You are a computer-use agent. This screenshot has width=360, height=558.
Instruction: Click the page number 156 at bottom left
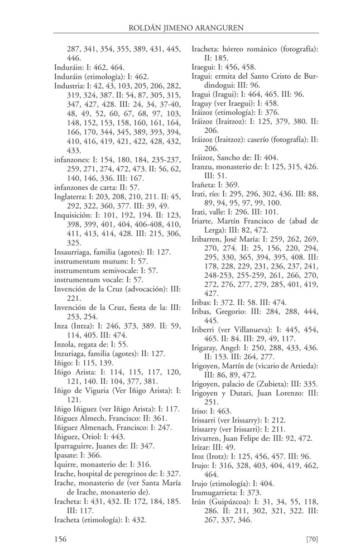click(x=60, y=538)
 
